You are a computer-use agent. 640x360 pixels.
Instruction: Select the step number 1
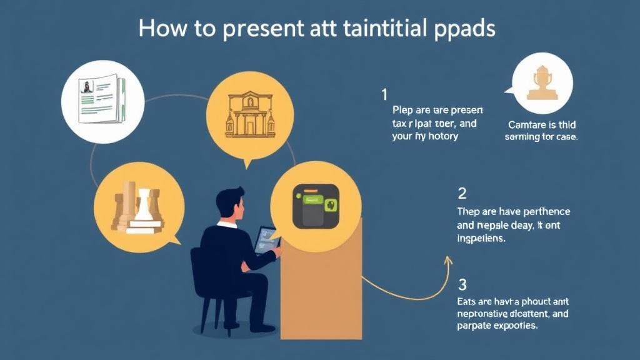click(x=384, y=95)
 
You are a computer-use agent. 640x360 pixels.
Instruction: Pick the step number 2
click(x=462, y=193)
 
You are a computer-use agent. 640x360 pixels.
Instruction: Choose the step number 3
click(x=462, y=285)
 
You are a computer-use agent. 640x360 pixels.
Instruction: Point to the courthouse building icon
click(x=249, y=115)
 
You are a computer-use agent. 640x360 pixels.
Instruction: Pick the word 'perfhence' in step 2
click(x=544, y=212)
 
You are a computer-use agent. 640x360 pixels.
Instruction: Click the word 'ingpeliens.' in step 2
click(x=481, y=238)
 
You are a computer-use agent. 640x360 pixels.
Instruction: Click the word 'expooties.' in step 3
click(x=514, y=326)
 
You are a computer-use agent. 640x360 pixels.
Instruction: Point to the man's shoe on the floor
click(x=262, y=327)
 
